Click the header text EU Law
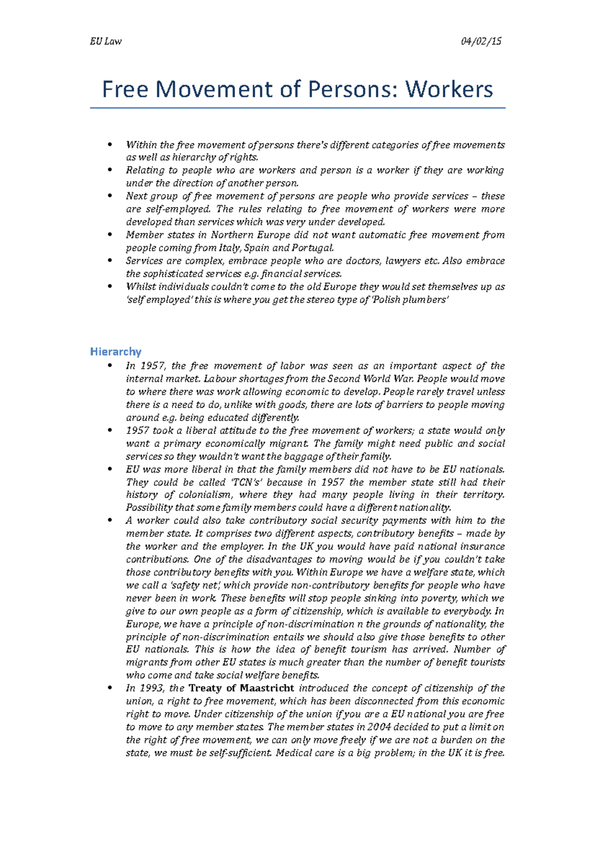pyautogui.click(x=106, y=42)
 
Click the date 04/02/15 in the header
pyautogui.click(x=481, y=42)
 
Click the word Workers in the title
pyautogui.click(x=449, y=90)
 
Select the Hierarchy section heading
pyautogui.click(x=116, y=352)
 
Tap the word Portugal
pyautogui.click(x=312, y=248)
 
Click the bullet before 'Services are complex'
pyautogui.click(x=110, y=261)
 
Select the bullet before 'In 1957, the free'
pyautogui.click(x=110, y=366)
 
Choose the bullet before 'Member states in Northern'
pyautogui.click(x=110, y=235)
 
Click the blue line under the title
pyautogui.click(x=297, y=107)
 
